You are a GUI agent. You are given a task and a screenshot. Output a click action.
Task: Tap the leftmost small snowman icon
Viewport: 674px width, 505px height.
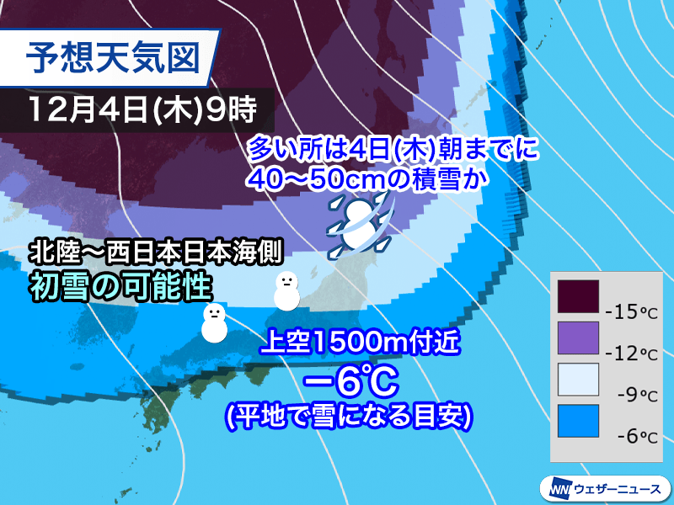tap(214, 323)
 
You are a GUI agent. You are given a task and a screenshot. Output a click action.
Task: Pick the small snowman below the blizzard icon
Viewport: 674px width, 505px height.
tap(286, 290)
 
